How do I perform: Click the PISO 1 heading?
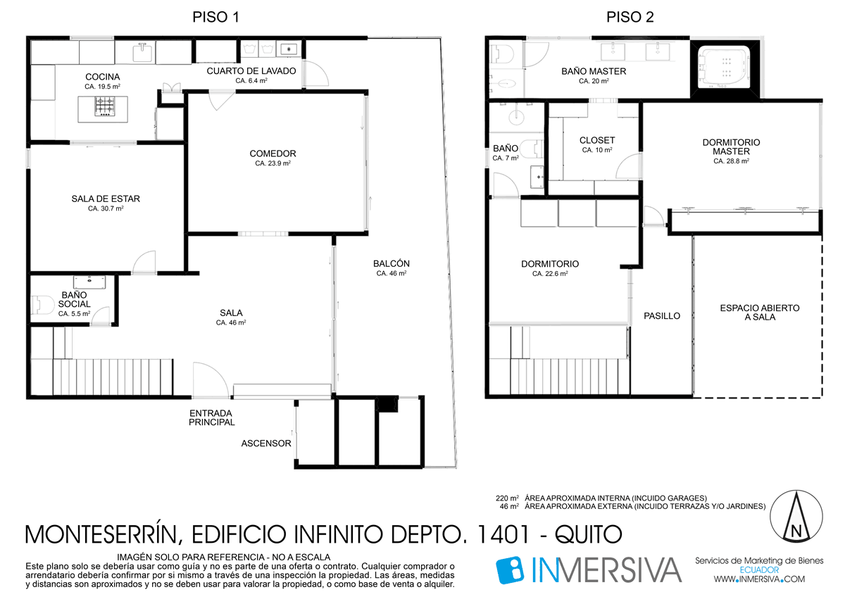[215, 17]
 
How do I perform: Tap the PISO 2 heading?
[630, 17]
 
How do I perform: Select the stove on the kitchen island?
[104, 106]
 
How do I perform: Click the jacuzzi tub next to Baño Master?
[725, 67]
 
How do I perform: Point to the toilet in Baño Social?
[42, 305]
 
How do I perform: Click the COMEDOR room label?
[273, 153]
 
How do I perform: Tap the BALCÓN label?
[392, 263]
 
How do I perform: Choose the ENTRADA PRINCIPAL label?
[212, 417]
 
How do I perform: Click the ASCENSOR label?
[266, 443]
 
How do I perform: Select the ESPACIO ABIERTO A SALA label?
[760, 313]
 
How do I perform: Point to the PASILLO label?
[662, 316]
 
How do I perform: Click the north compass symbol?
[796, 516]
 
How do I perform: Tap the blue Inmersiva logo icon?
[510, 570]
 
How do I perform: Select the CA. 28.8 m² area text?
[731, 161]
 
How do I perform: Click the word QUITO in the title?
[588, 534]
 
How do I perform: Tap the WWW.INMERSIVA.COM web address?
[759, 579]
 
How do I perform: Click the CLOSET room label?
[597, 140]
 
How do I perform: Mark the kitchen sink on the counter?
[142, 52]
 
